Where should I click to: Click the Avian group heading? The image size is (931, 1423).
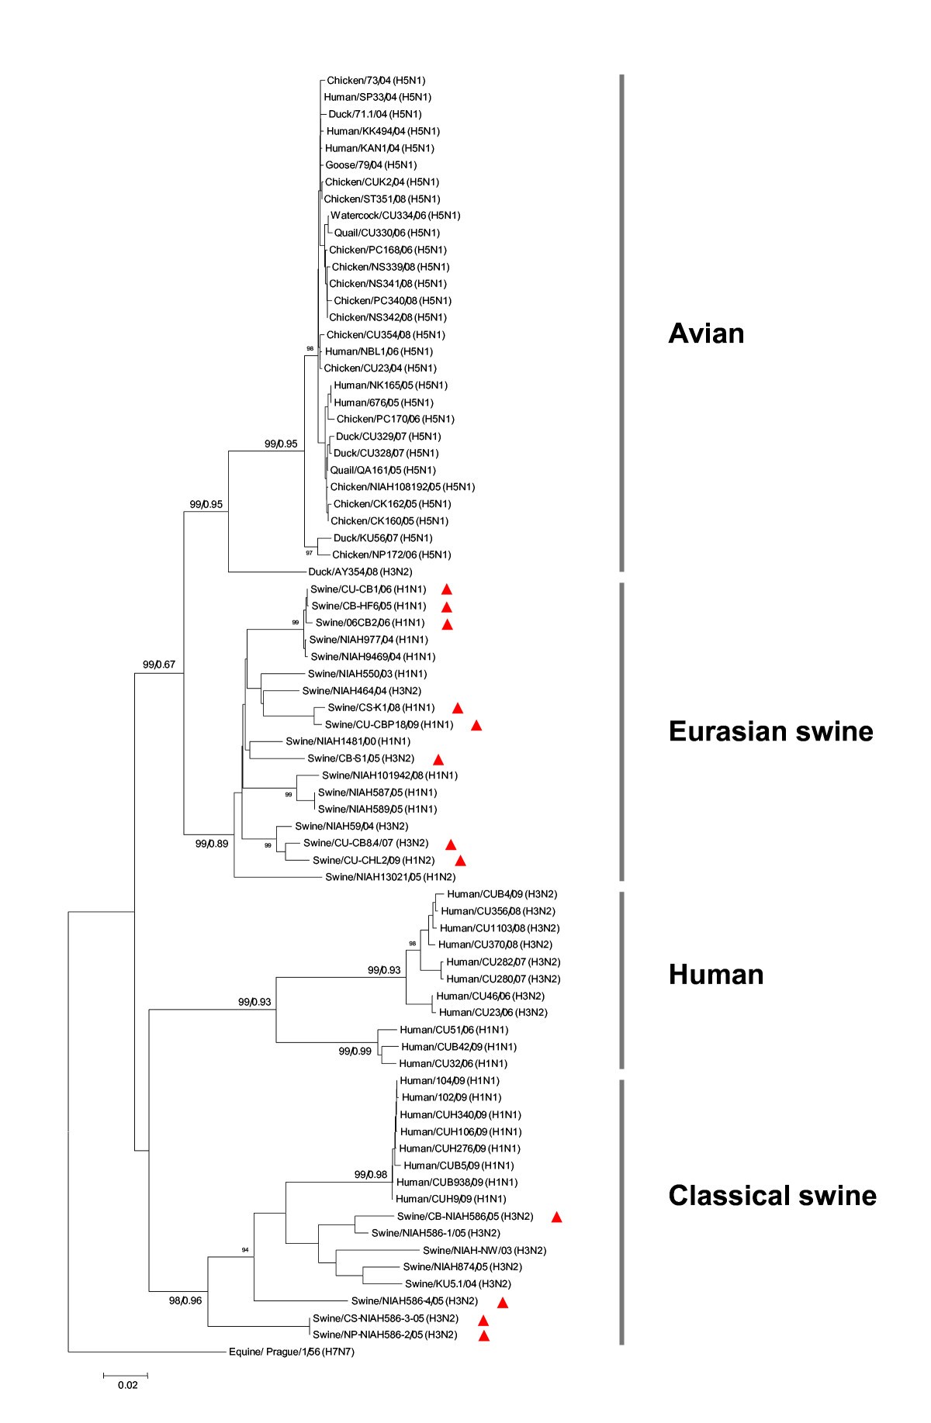click(705, 334)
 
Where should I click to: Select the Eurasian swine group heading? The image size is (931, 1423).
click(770, 731)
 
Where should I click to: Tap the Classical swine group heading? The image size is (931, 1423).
click(772, 1195)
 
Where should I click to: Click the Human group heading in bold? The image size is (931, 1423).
click(715, 975)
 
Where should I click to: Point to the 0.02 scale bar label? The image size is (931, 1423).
click(127, 1385)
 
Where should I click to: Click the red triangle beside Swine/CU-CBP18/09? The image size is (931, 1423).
click(476, 725)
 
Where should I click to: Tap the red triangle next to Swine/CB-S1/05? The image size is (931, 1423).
click(438, 758)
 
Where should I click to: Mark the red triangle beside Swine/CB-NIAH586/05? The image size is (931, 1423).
click(555, 1217)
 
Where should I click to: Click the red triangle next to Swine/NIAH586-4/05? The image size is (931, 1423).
click(502, 1302)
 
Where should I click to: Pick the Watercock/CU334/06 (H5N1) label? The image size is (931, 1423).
click(395, 216)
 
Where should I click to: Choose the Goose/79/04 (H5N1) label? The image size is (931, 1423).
click(370, 164)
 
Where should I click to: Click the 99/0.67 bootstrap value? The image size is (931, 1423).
click(159, 665)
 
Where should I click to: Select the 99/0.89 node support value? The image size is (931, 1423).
click(212, 844)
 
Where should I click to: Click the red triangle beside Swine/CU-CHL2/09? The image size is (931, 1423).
click(460, 860)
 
